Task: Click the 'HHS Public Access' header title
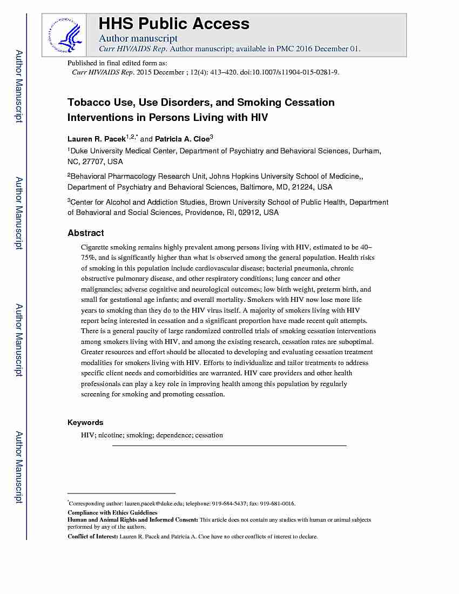point(173,24)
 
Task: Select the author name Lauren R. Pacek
point(96,139)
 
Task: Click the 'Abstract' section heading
point(85,233)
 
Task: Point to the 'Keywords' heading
point(85,422)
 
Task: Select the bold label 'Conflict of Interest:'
point(92,537)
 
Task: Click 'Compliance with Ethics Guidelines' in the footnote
point(112,512)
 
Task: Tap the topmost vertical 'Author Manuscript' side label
point(19,86)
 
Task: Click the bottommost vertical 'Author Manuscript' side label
point(19,467)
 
